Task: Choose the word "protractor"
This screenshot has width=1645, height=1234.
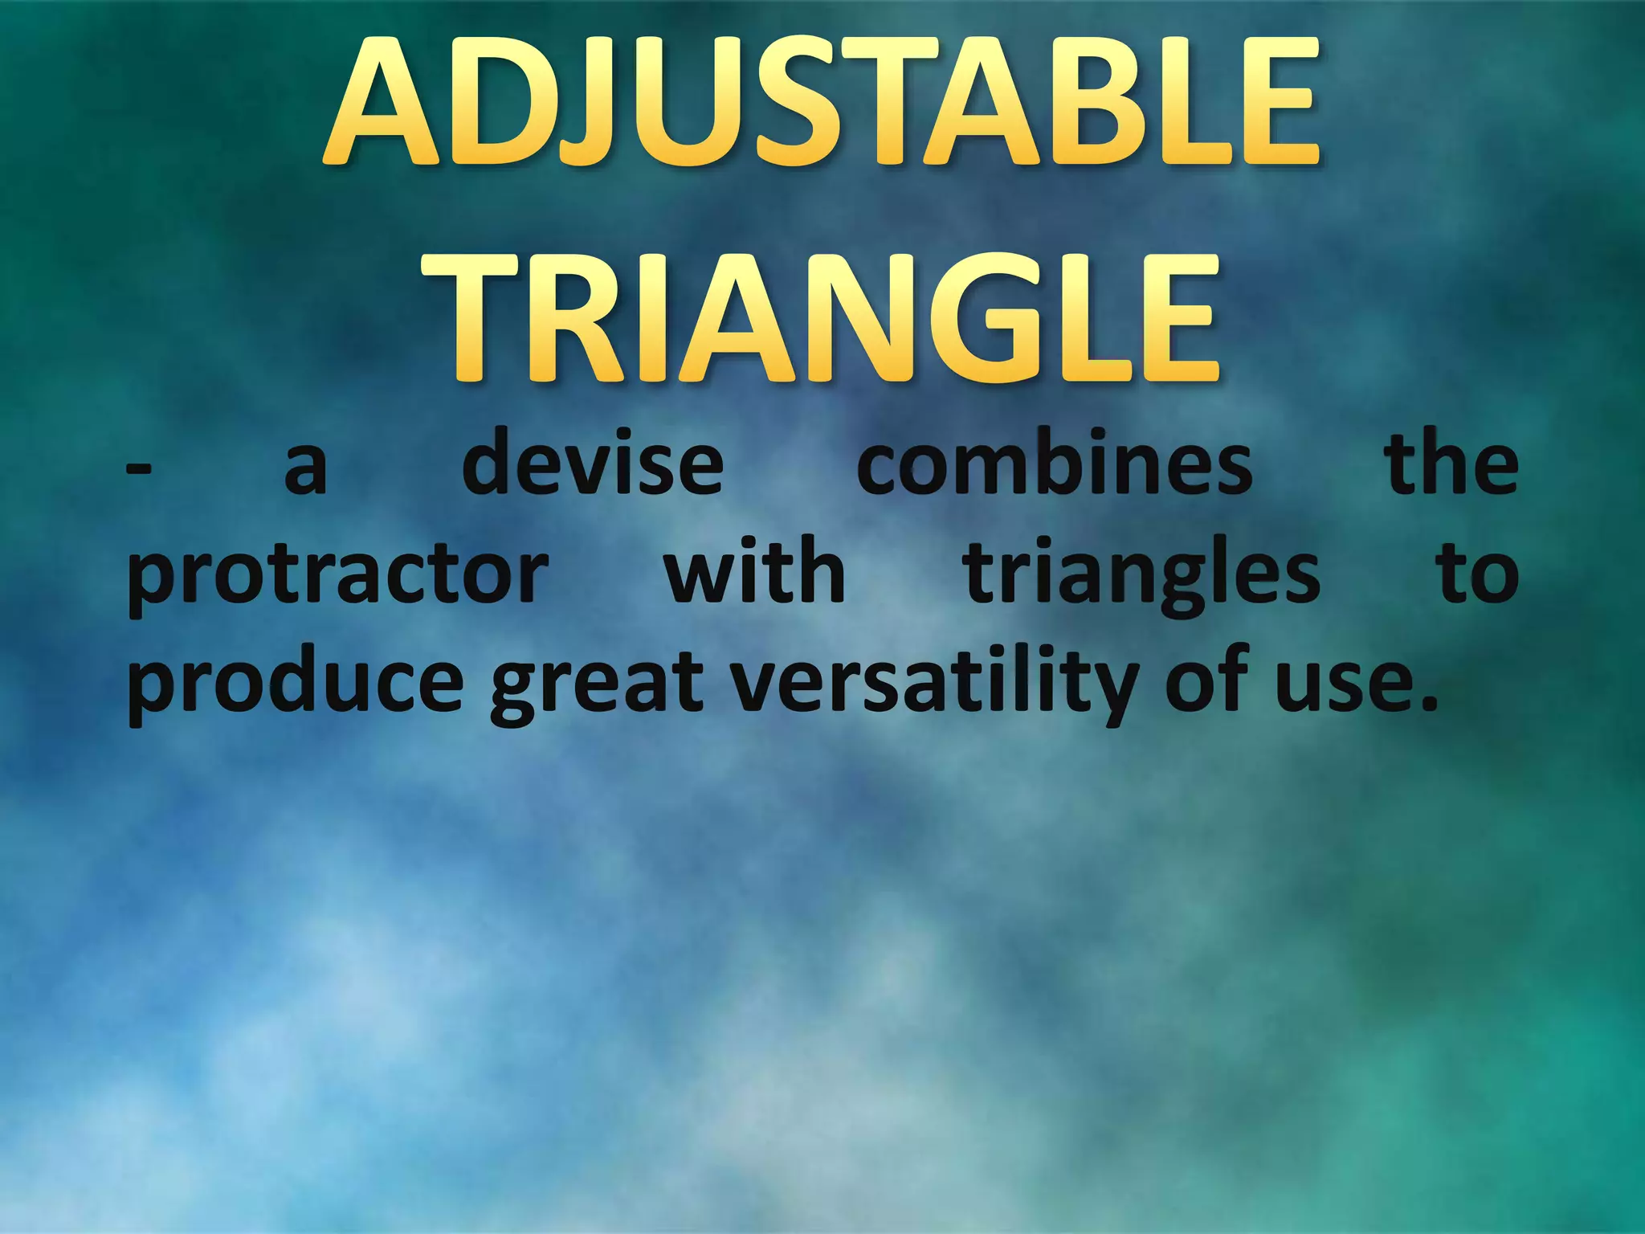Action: click(337, 577)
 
